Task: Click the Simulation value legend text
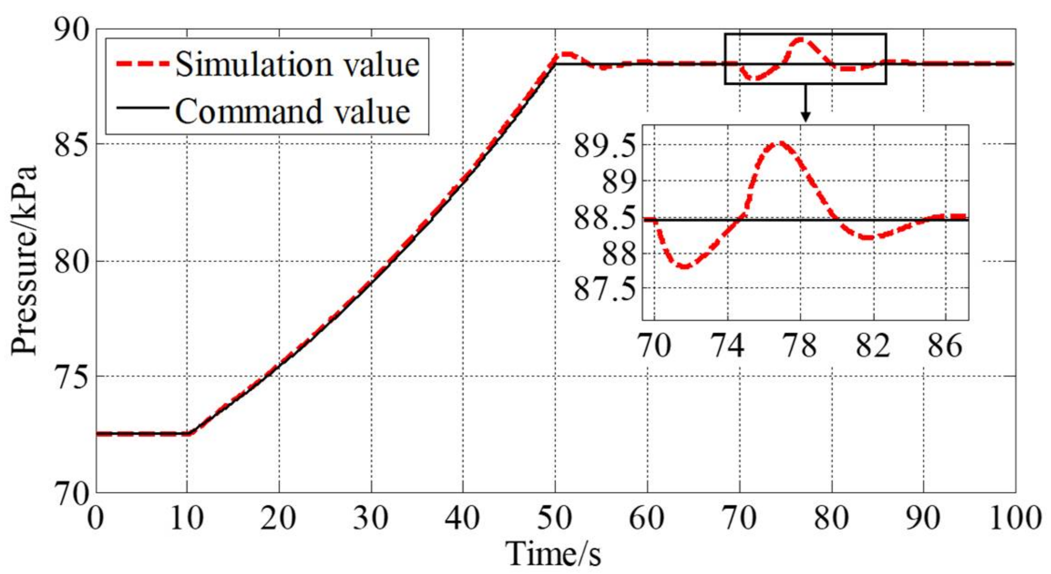pyautogui.click(x=297, y=64)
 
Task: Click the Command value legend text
pyautogui.click(x=292, y=112)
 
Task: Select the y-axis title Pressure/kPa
pyautogui.click(x=24, y=261)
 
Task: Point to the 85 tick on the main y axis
pyautogui.click(x=71, y=145)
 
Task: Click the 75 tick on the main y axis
pyautogui.click(x=71, y=377)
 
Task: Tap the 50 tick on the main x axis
pyautogui.click(x=554, y=519)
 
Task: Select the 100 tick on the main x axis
pyautogui.click(x=1015, y=519)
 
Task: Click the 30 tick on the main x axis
pyautogui.click(x=371, y=519)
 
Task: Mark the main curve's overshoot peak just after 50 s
pyautogui.click(x=566, y=54)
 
